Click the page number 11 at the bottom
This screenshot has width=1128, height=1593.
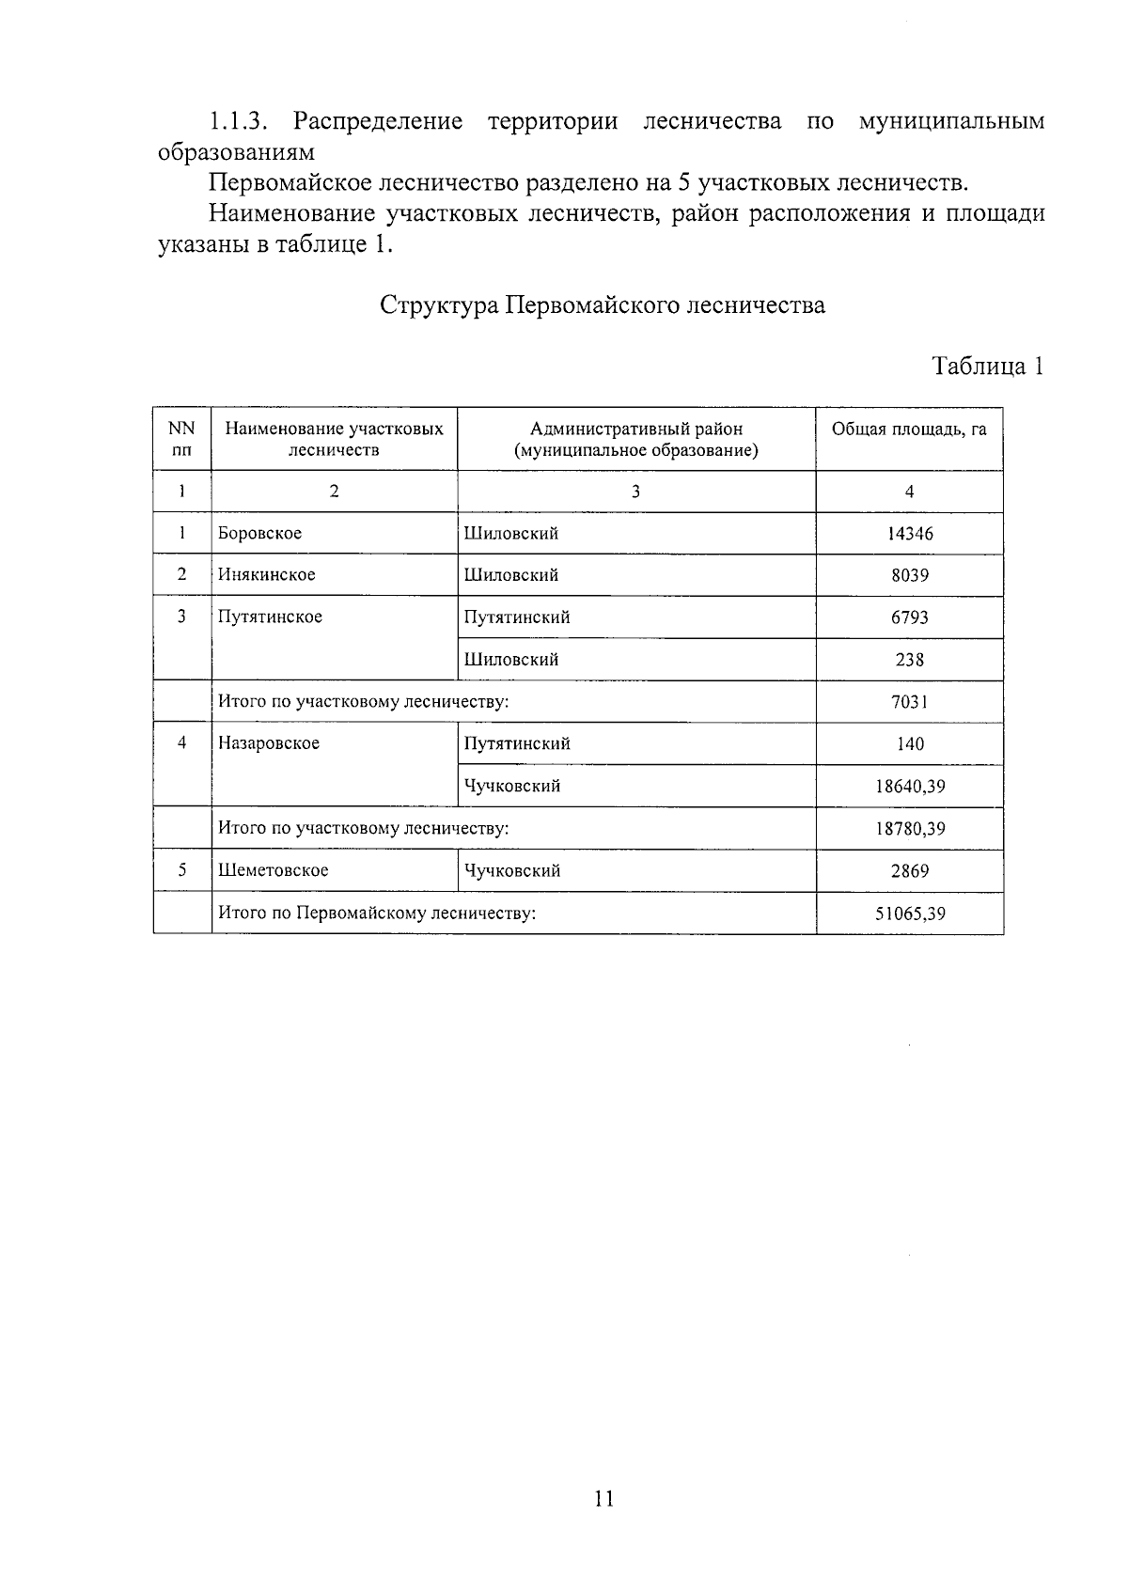coord(603,1497)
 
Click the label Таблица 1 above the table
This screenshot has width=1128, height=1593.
coord(987,366)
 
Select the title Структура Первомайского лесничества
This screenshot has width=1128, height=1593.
coord(603,305)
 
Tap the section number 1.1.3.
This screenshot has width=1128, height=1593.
coord(240,121)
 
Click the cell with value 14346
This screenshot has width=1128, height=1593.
coord(909,534)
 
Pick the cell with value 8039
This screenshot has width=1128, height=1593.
coord(909,575)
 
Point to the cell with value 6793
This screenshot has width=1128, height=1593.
coord(909,617)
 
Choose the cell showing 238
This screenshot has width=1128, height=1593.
coord(909,660)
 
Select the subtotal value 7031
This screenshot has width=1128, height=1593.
coord(909,702)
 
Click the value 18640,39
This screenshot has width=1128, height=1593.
coord(909,787)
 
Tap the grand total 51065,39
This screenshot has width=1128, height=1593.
coord(909,913)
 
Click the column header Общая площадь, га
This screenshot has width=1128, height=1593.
coord(909,429)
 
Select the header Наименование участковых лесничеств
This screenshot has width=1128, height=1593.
coord(334,439)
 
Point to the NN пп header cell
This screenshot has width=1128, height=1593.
coord(181,439)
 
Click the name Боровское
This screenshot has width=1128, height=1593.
coord(260,534)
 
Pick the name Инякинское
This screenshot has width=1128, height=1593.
coord(267,575)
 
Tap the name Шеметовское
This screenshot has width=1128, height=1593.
coord(274,870)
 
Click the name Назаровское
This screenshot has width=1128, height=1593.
coord(269,743)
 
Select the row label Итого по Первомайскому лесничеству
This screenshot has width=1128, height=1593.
coord(377,913)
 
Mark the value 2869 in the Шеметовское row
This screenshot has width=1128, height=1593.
coord(909,870)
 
